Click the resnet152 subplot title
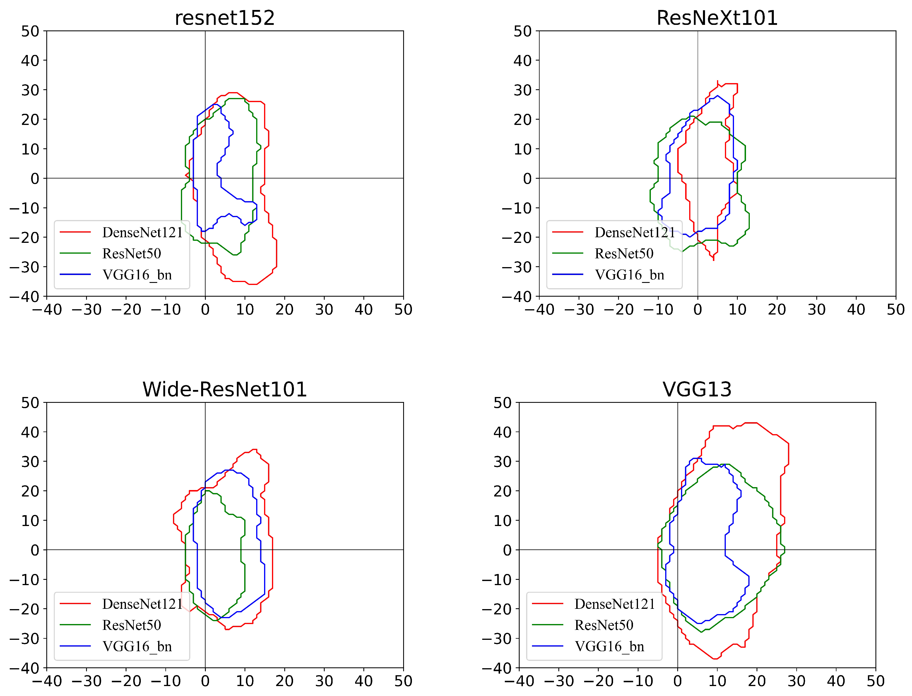[x=225, y=18]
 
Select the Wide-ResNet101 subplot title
[x=225, y=389]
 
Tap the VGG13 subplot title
[x=697, y=389]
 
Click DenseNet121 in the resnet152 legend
[x=142, y=232]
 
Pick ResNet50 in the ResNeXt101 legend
[x=624, y=254]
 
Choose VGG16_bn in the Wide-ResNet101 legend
[x=137, y=646]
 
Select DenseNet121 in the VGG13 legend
[x=614, y=604]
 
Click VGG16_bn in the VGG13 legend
[x=609, y=646]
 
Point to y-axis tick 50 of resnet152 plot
[x=30, y=31]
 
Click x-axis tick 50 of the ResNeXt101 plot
[x=895, y=310]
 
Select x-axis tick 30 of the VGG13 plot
[x=796, y=681]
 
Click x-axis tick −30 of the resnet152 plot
[x=87, y=310]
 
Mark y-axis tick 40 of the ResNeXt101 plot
[x=522, y=61]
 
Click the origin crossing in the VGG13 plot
[x=677, y=550]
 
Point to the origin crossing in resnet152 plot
[x=205, y=178]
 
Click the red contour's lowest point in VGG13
[x=715, y=659]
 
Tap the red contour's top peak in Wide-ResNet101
[x=254, y=449]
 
